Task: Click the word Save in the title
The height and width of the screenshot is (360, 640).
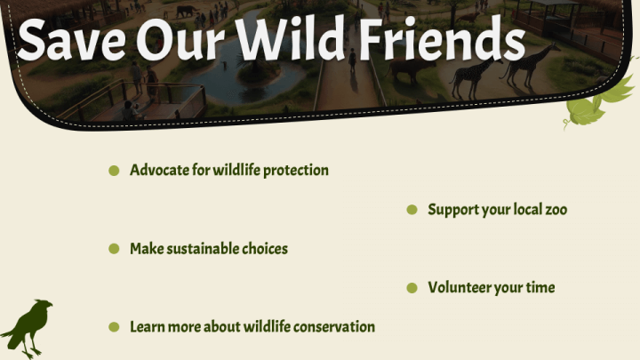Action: click(71, 40)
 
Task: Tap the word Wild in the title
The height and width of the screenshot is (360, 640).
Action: click(291, 37)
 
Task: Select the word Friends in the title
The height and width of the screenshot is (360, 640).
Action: click(442, 38)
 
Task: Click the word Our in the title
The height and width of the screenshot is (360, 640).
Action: click(180, 41)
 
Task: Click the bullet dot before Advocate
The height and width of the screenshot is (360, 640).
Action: click(114, 170)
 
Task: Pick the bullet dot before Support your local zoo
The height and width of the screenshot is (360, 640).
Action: click(412, 210)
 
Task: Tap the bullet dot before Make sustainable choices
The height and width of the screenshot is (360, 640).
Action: click(114, 249)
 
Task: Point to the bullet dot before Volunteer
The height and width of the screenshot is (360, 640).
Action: click(412, 288)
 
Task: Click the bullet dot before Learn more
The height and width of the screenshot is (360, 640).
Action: click(114, 327)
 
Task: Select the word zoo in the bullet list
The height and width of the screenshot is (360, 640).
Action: click(556, 210)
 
